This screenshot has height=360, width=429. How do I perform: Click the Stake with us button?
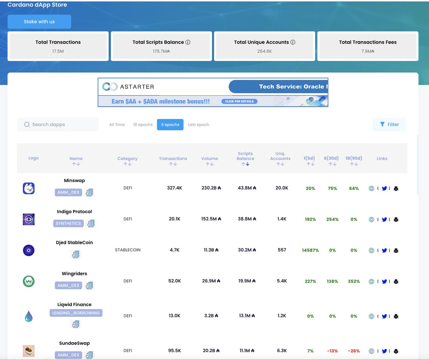click(39, 22)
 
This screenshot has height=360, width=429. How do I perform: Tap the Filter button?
click(389, 124)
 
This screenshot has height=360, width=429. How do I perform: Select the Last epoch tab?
click(198, 125)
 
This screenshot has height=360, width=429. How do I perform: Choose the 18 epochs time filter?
click(143, 125)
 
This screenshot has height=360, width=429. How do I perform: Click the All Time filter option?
click(117, 125)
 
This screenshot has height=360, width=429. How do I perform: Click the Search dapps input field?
click(58, 125)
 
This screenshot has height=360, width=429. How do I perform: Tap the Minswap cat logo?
click(29, 188)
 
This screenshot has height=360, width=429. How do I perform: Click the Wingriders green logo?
click(29, 281)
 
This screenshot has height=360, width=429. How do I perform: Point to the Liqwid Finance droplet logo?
click(29, 316)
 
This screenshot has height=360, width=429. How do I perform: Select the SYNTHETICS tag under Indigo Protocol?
click(69, 223)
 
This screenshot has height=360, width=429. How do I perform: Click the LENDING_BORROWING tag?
click(76, 313)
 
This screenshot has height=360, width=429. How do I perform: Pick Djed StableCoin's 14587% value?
click(310, 250)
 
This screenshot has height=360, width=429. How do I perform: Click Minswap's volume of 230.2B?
click(211, 188)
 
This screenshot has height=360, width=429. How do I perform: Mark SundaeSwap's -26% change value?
click(354, 351)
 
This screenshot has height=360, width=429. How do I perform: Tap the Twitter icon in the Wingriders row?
click(384, 281)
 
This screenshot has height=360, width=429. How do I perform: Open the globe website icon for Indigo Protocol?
click(371, 220)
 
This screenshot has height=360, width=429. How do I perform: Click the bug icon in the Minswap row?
click(396, 188)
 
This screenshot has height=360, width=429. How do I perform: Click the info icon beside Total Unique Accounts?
click(293, 42)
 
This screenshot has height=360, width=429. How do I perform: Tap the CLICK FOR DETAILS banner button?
click(239, 101)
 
